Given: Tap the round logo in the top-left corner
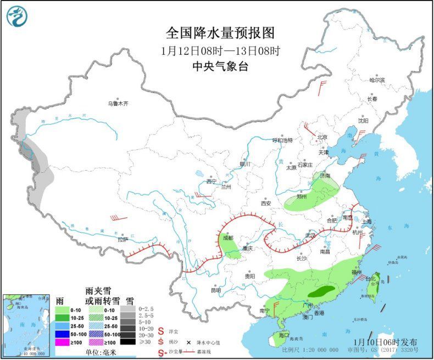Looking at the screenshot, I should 16,16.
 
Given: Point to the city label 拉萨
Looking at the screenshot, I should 122,239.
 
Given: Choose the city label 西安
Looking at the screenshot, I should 266,203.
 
